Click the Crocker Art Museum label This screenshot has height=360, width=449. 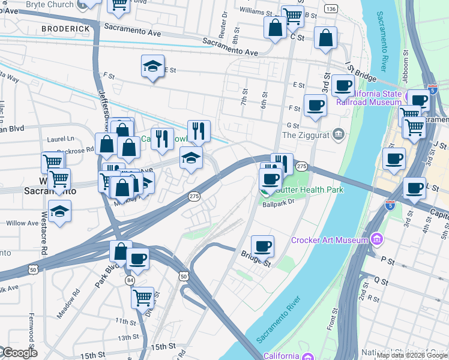pos(329,241)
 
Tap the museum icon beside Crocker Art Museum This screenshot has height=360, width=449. pos(376,241)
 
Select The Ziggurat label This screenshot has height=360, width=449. pos(306,134)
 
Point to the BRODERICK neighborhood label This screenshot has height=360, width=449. pos(66,28)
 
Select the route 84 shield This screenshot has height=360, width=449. pos(130,280)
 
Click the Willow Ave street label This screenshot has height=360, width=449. pos(22,223)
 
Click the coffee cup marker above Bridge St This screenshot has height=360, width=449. pos(262,245)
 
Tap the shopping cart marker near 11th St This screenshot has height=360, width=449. pos(142,297)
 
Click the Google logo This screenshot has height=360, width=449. pos(19,353)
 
